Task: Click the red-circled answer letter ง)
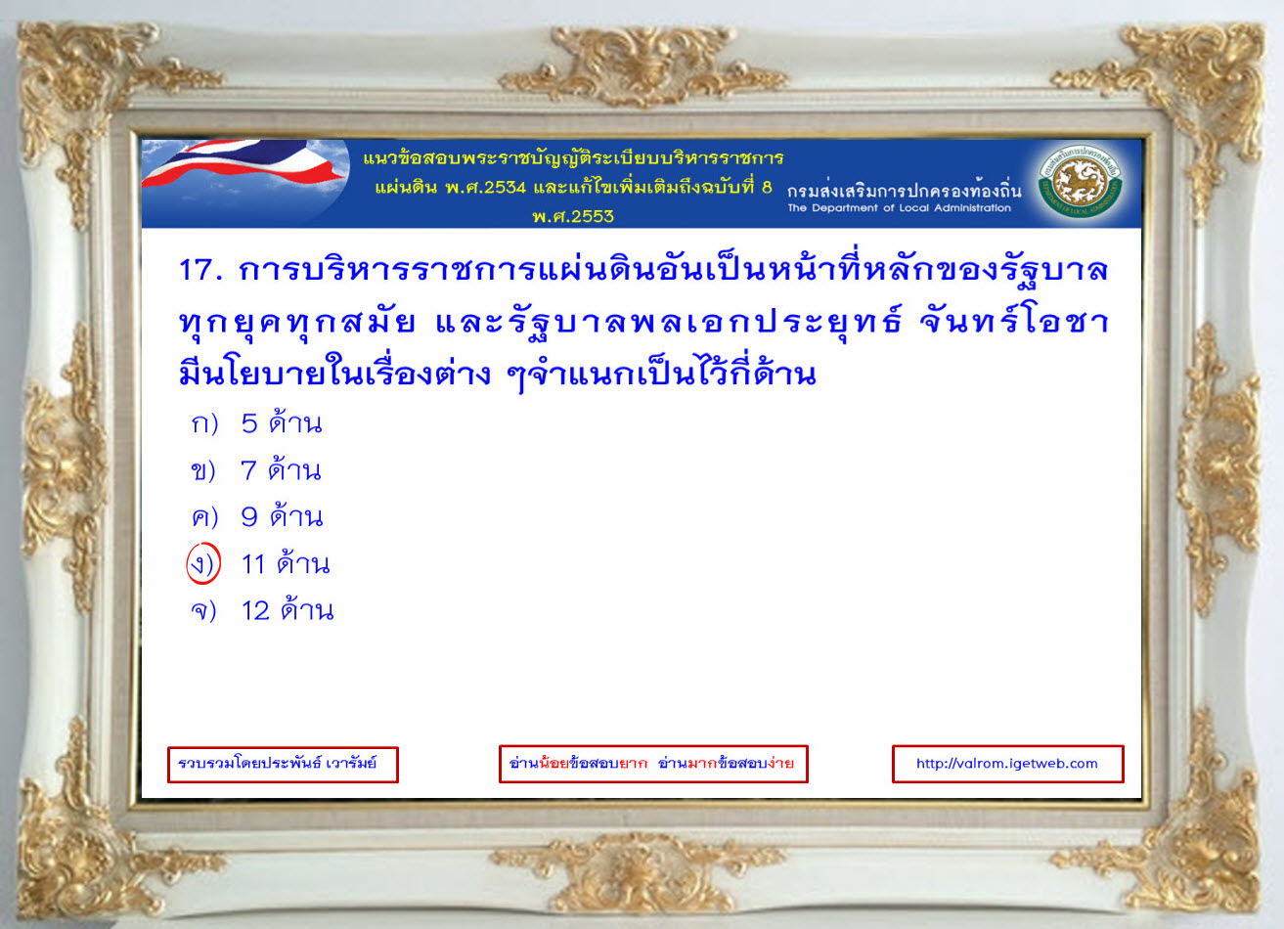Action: [x=203, y=563]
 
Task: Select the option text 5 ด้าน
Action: [x=282, y=422]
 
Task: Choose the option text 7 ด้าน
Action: [x=281, y=469]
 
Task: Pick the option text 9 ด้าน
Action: [x=282, y=515]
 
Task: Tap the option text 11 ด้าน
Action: [x=286, y=563]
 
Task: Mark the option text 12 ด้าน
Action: [x=288, y=610]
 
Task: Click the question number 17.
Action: [x=200, y=270]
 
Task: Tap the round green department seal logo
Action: [x=1080, y=182]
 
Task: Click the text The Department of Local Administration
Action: [x=899, y=208]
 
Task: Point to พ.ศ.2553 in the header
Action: [x=573, y=217]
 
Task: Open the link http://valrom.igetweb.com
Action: [x=1007, y=764]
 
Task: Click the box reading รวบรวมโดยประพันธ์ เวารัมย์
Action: [x=283, y=764]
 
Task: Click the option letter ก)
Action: [x=204, y=424]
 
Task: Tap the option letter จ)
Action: [x=203, y=611]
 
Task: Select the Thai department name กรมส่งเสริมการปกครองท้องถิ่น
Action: [x=904, y=190]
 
